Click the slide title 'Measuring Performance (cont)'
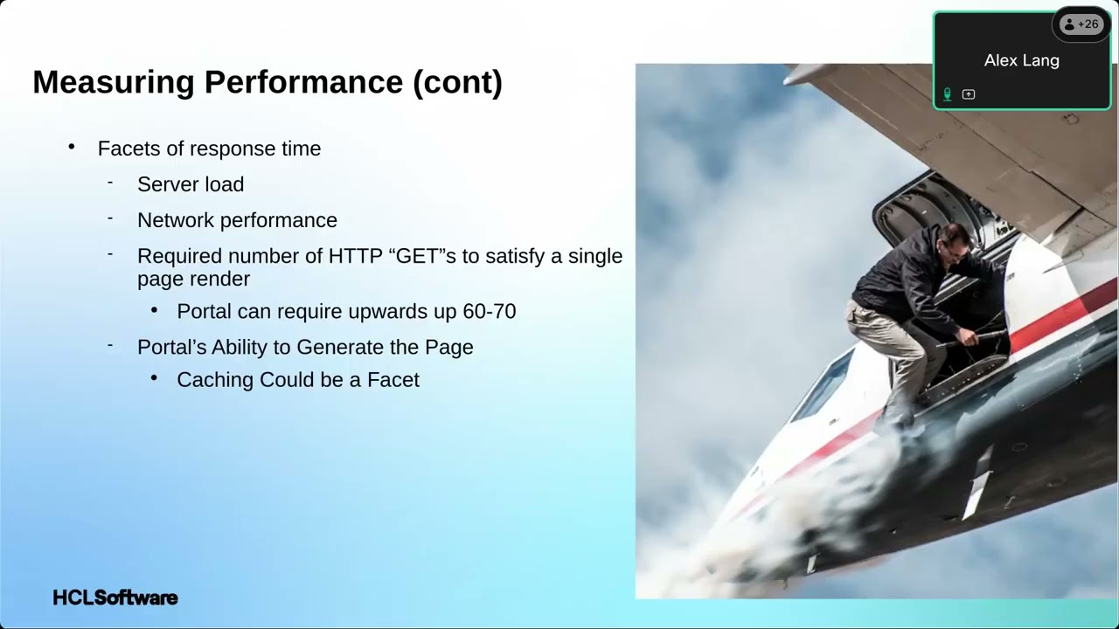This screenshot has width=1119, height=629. click(x=268, y=82)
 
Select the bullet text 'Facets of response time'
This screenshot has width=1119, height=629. click(x=209, y=149)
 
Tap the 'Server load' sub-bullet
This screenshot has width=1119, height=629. click(x=191, y=184)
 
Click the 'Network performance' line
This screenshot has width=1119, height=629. click(x=237, y=220)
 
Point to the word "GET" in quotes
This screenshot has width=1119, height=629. click(x=417, y=256)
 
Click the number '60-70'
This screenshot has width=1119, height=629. click(x=492, y=311)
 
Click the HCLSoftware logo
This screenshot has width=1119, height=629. click(x=115, y=598)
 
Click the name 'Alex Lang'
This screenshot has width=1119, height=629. click(x=1021, y=60)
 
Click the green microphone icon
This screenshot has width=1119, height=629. click(x=947, y=94)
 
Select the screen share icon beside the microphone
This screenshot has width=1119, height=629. click(x=969, y=94)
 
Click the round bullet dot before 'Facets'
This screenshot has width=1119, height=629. click(x=72, y=147)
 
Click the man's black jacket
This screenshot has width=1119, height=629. click(x=900, y=280)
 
